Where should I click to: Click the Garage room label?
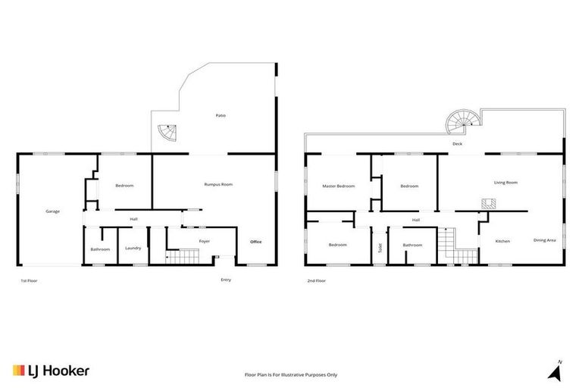52,211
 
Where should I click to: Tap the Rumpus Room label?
218,184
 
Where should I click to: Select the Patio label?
221,116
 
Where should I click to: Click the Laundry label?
133,249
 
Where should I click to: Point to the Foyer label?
204,241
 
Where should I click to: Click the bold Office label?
256,242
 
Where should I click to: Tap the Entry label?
226,280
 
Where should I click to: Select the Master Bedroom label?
338,186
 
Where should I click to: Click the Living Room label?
505,182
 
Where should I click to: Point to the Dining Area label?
544,240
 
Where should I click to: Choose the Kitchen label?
502,241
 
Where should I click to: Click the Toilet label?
379,247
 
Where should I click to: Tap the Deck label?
457,143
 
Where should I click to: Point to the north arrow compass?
556,371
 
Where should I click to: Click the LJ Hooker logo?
52,371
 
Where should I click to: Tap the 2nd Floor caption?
316,280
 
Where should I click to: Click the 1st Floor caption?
29,280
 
